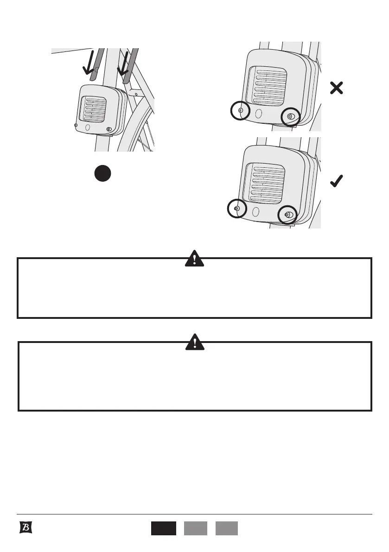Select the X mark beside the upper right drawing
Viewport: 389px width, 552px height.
(x=337, y=88)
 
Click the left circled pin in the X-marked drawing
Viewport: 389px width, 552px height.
(x=240, y=111)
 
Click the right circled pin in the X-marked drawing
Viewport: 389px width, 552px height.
(x=291, y=116)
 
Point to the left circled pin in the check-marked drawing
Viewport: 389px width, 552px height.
(x=236, y=209)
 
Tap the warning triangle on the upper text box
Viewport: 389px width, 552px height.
(x=195, y=259)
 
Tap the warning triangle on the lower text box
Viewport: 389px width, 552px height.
(x=195, y=342)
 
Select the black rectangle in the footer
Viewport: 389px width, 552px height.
(x=163, y=528)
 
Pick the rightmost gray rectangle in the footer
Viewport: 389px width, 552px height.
(x=227, y=528)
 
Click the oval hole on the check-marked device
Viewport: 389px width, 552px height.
(x=255, y=212)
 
